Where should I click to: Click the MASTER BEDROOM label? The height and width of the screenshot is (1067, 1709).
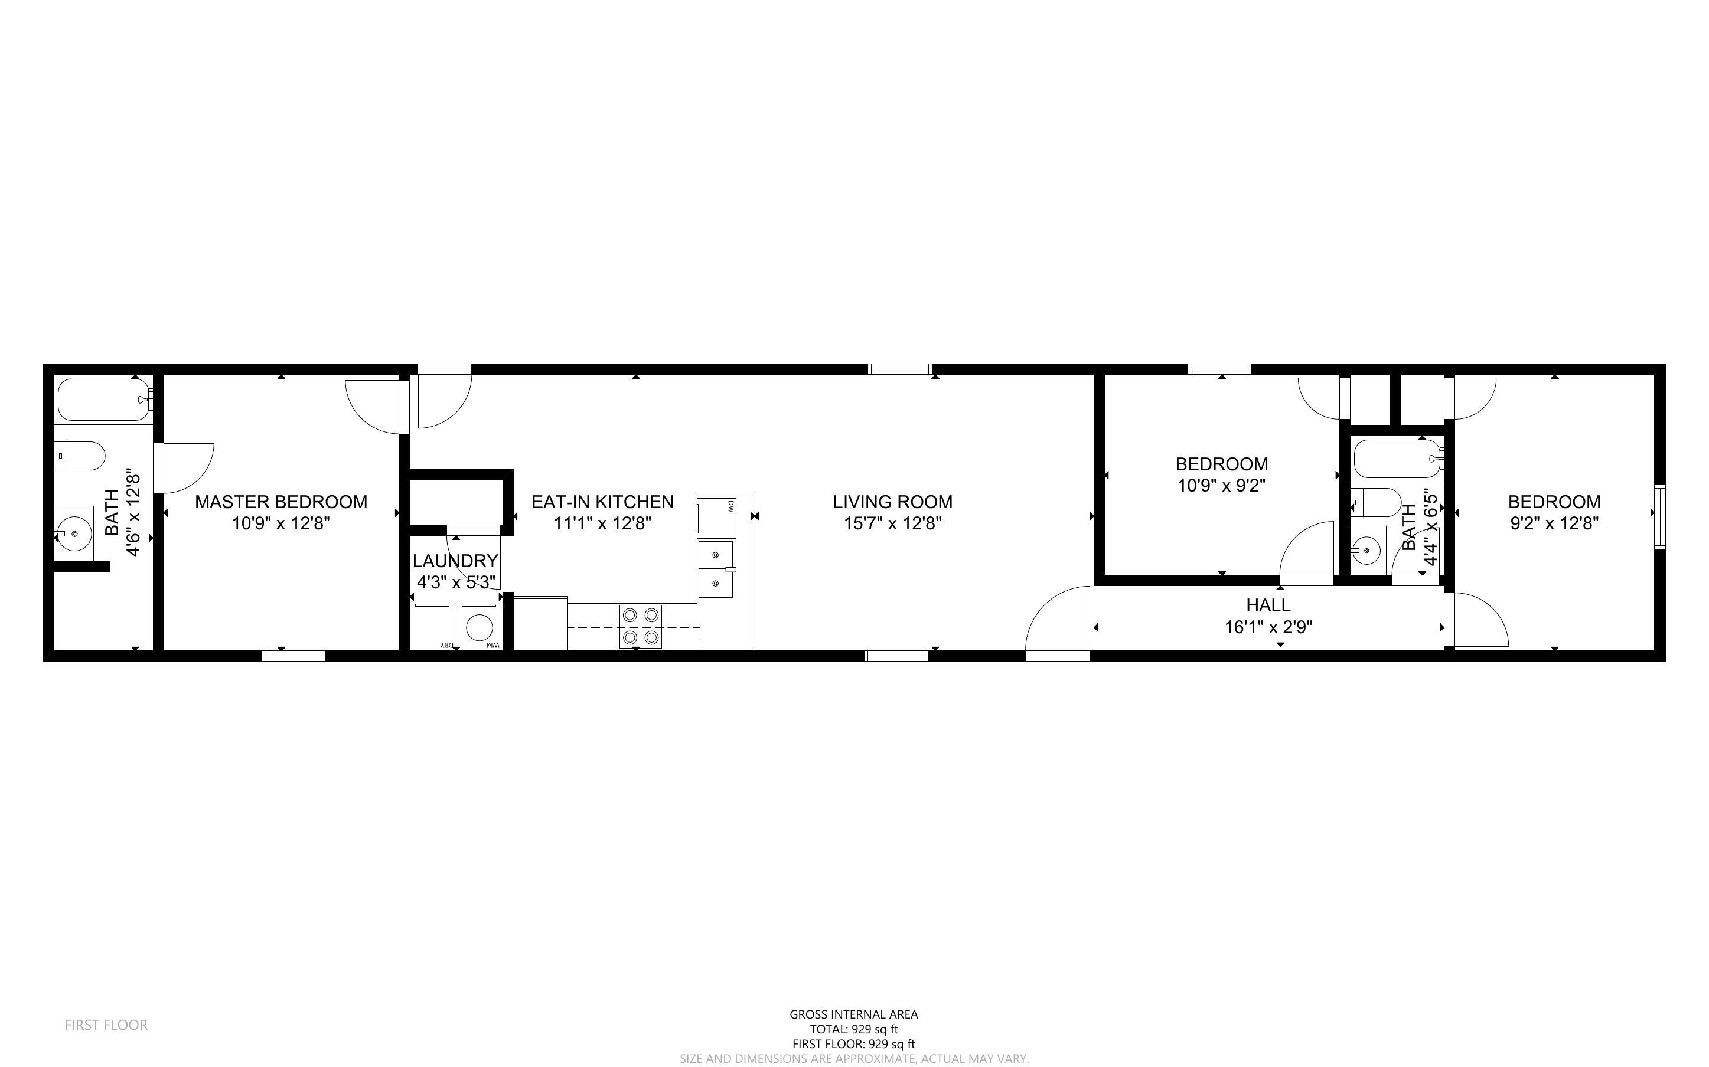pyautogui.click(x=281, y=502)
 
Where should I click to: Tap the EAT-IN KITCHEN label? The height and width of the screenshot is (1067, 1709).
pyautogui.click(x=602, y=502)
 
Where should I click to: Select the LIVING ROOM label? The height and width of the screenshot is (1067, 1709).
pyautogui.click(x=892, y=502)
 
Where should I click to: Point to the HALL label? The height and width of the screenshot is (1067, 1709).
pyautogui.click(x=1268, y=605)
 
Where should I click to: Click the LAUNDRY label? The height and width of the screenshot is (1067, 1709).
pyautogui.click(x=455, y=561)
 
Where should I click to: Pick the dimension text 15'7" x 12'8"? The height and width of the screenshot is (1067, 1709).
pyautogui.click(x=893, y=523)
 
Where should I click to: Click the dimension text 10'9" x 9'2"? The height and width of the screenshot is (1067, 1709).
pyautogui.click(x=1221, y=486)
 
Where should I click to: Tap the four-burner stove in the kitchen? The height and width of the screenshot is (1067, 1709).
pyautogui.click(x=641, y=627)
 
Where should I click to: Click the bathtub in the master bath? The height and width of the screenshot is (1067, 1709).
pyautogui.click(x=104, y=400)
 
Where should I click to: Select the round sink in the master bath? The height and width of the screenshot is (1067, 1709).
pyautogui.click(x=74, y=534)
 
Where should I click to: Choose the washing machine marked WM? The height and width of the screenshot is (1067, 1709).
pyautogui.click(x=480, y=627)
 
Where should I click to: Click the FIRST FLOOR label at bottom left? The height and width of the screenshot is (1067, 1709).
pyautogui.click(x=106, y=1025)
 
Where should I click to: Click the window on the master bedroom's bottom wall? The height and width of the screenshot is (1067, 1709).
pyautogui.click(x=293, y=656)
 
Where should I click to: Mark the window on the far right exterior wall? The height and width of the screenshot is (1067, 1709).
pyautogui.click(x=1659, y=517)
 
